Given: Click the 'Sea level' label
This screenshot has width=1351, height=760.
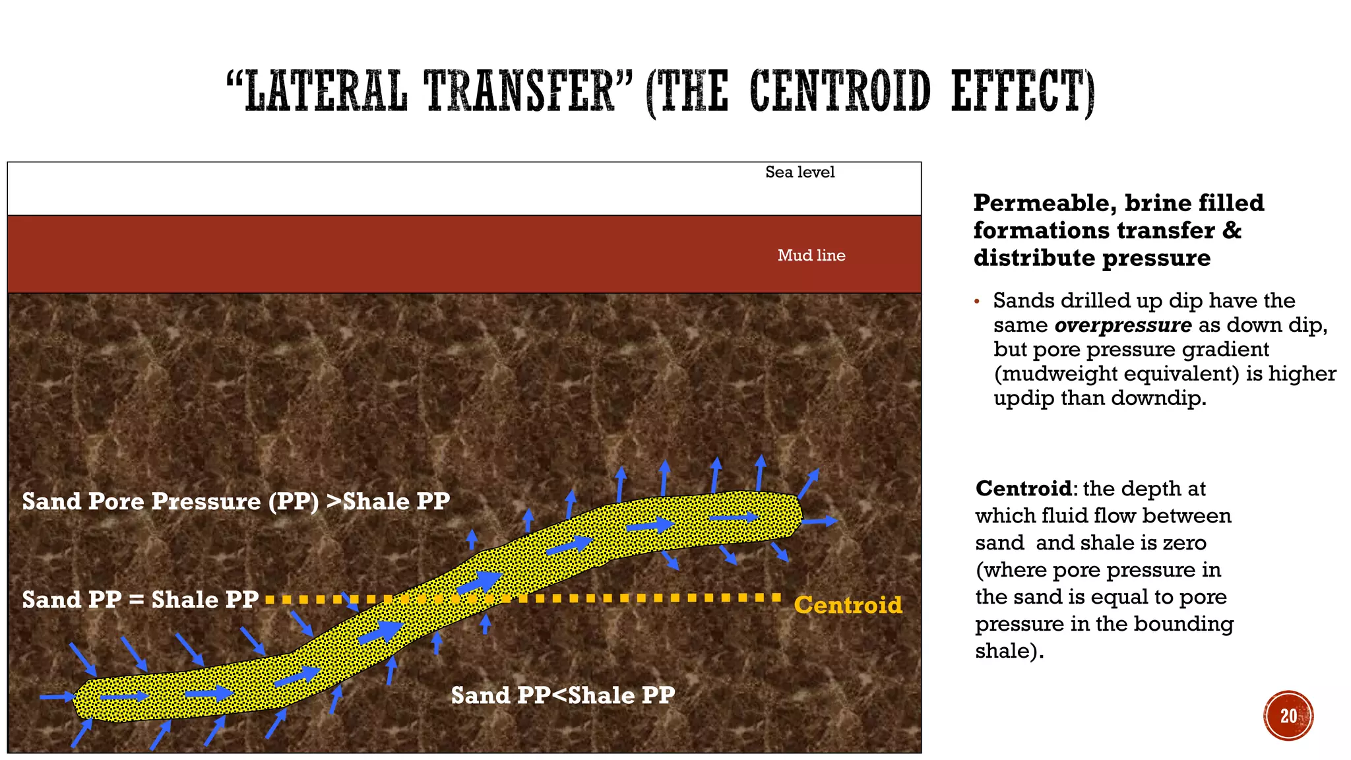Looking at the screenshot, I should point(800,172).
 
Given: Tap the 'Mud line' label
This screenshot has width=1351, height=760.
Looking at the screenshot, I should point(811,255).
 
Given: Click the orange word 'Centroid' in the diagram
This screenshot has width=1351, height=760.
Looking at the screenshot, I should point(848,605).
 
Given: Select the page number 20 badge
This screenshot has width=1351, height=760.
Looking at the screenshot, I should point(1288,716).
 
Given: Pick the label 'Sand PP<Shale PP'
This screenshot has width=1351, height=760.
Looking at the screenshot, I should point(563,695).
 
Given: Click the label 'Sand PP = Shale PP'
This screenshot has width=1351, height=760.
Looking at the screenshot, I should point(140,600).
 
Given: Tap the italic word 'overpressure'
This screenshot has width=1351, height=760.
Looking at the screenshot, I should point(1123,325).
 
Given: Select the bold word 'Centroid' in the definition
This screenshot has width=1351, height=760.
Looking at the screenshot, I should point(1023,489).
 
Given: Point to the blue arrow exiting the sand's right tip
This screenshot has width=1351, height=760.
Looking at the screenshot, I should point(820,521).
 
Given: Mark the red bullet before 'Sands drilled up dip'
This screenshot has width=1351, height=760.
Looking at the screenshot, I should point(977,302).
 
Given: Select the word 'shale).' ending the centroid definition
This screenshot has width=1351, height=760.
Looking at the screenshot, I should point(1009,651).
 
